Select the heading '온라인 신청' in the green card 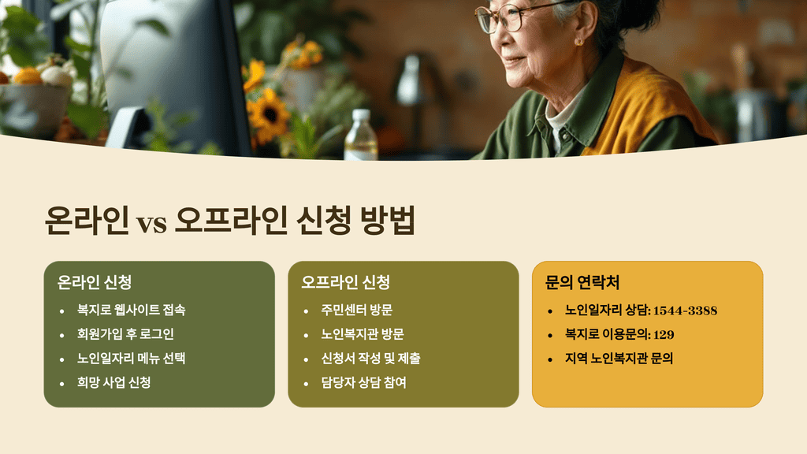94,282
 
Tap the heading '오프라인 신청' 345,282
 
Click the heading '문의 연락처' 582,282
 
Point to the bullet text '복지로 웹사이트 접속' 131,311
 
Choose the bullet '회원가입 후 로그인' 125,334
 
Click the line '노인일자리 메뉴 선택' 131,359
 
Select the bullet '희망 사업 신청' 113,383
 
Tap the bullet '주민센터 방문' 357,311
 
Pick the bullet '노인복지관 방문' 363,334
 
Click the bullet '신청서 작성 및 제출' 370,359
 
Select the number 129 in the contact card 664,334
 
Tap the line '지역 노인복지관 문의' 619,359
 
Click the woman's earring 578,41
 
